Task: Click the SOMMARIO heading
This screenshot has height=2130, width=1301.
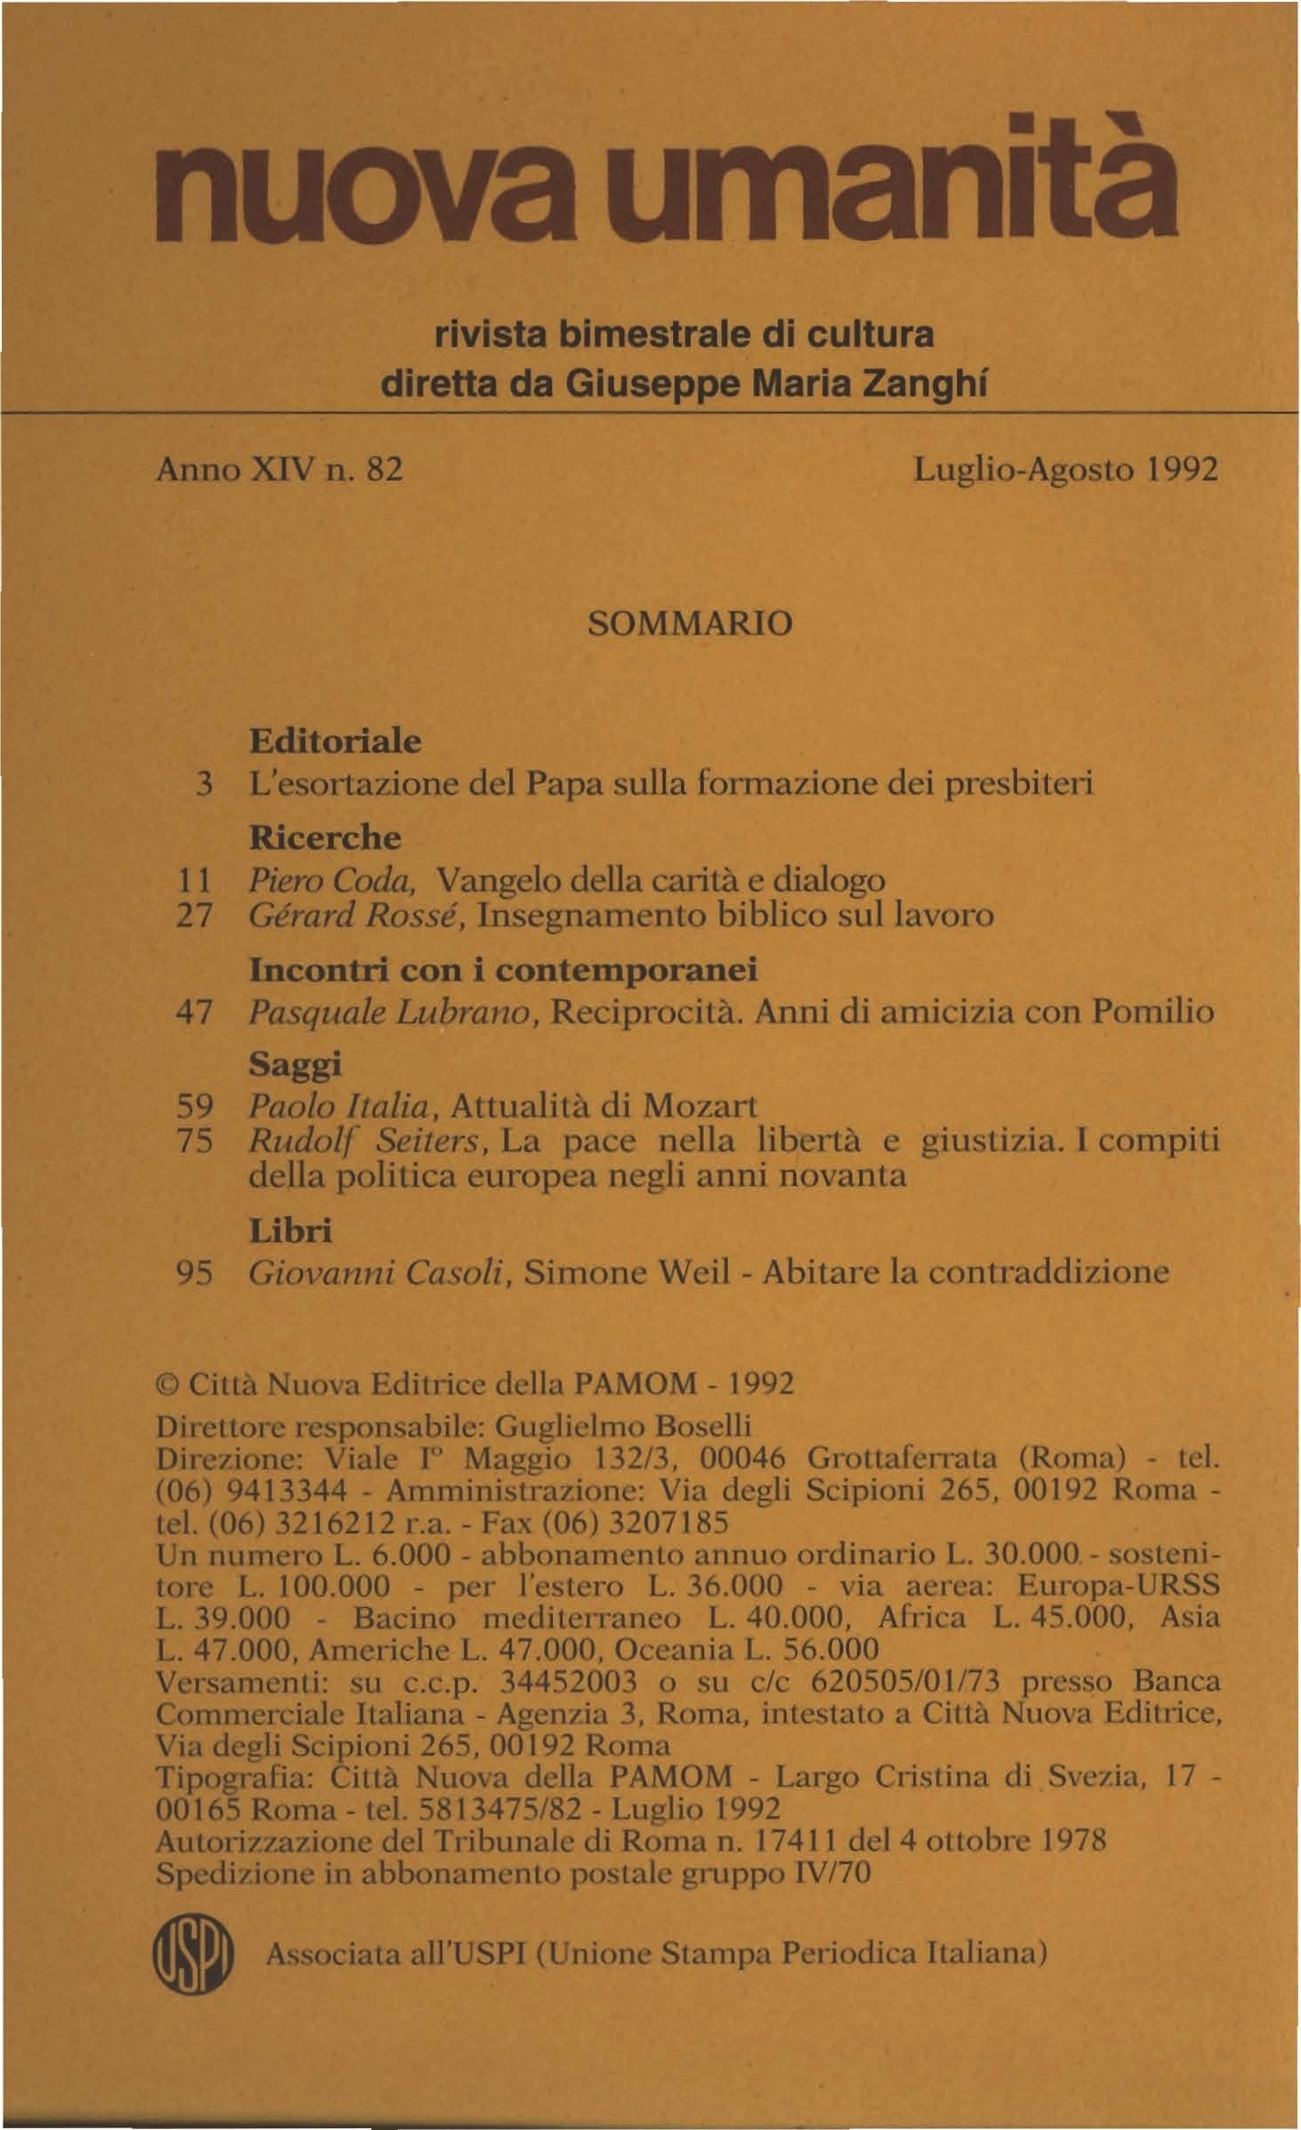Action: [690, 624]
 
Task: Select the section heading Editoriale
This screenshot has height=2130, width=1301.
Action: [335, 741]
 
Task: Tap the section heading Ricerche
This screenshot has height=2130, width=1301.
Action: [325, 838]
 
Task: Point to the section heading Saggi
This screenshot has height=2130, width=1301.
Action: [295, 1065]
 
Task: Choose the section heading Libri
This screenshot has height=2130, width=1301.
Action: [290, 1231]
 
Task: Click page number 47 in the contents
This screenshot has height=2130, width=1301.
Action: [194, 1012]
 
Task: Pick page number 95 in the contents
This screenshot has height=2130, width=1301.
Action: [195, 1273]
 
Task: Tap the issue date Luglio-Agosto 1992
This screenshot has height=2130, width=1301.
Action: [1065, 470]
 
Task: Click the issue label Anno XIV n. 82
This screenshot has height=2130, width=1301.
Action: [280, 470]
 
